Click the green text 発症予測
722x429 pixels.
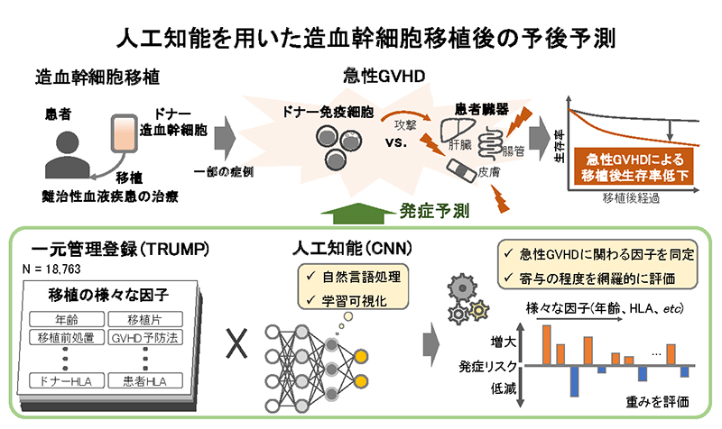pyautogui.click(x=434, y=211)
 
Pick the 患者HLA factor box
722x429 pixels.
pyautogui.click(x=147, y=380)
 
